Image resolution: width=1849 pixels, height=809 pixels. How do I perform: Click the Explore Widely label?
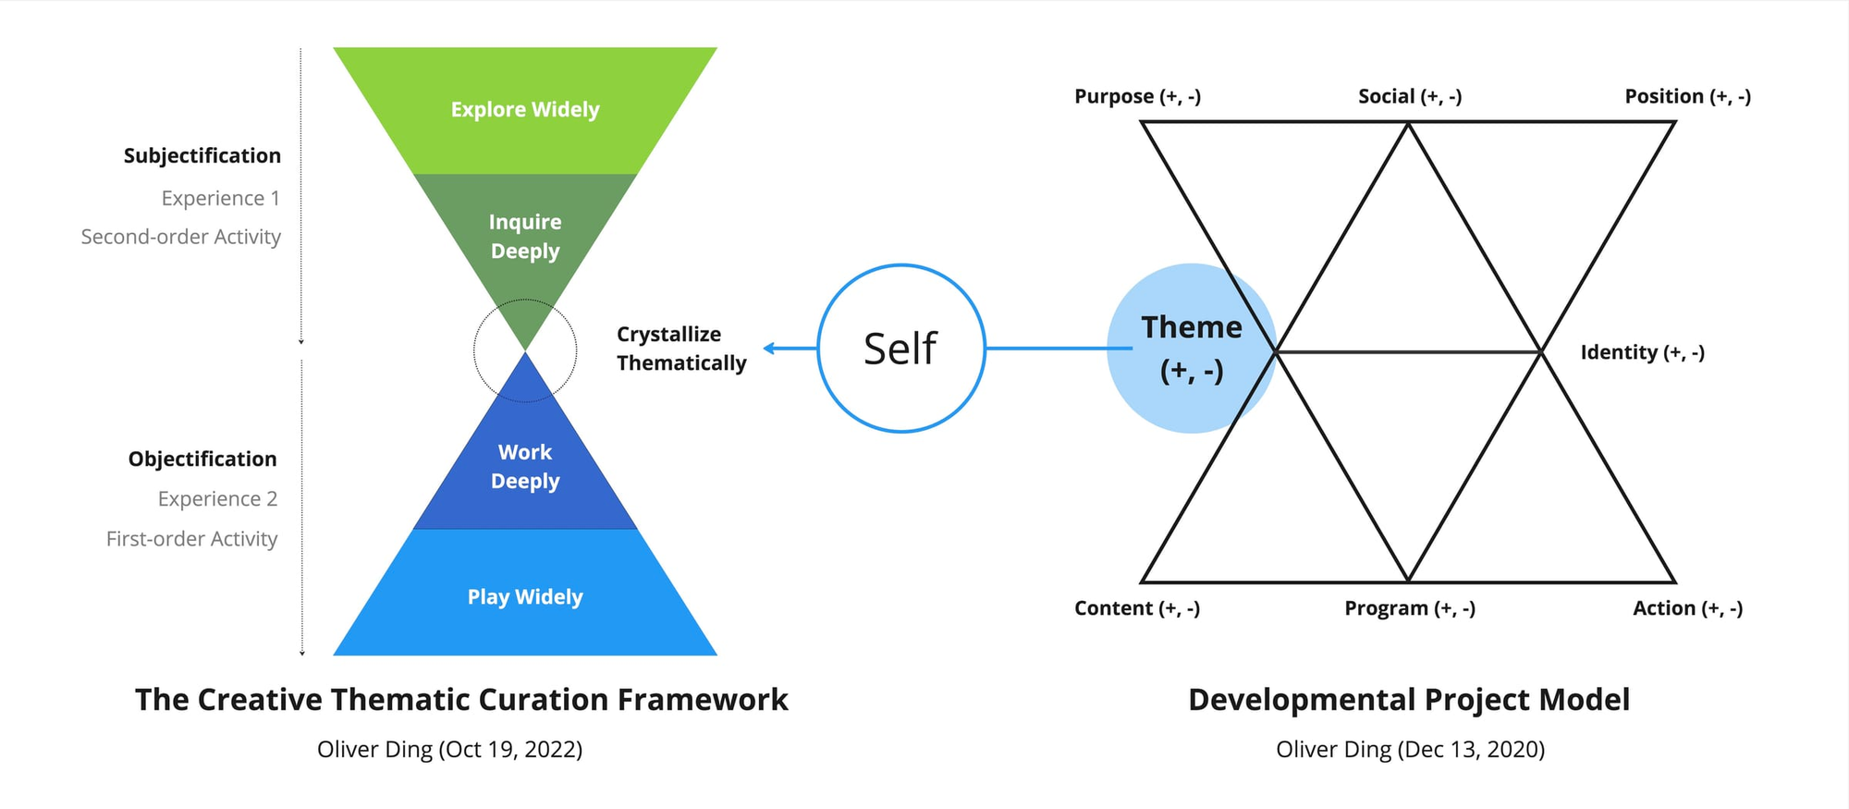525,110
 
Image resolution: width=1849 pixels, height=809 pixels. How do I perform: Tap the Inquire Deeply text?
525,237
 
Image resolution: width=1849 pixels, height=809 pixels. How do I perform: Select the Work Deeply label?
525,467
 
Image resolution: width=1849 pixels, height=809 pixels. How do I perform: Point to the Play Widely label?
525,597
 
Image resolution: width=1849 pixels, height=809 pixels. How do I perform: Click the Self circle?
901,349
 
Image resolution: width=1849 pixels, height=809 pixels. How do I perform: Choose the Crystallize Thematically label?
681,349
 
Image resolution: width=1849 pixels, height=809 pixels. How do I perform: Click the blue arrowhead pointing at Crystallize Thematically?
769,349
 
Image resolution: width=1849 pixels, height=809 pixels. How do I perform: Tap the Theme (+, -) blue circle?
1191,349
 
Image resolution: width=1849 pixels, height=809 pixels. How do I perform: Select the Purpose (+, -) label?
1137,96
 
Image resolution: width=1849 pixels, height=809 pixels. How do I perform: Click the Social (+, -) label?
1410,96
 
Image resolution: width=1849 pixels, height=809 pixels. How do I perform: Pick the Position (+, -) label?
1687,96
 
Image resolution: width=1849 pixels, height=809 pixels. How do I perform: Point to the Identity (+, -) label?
1642,352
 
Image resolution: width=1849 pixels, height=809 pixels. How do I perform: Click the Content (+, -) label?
1137,608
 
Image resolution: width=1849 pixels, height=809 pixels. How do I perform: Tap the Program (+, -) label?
1410,608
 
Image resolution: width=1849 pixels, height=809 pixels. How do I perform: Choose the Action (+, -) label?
1687,608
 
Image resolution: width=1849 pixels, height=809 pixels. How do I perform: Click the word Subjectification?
202,156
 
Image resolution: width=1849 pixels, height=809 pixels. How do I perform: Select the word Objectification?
202,460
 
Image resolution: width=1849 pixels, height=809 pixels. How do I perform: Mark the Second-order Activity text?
181,237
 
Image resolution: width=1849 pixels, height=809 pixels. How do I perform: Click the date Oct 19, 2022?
508,750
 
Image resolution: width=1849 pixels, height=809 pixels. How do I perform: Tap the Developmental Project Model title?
1409,700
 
